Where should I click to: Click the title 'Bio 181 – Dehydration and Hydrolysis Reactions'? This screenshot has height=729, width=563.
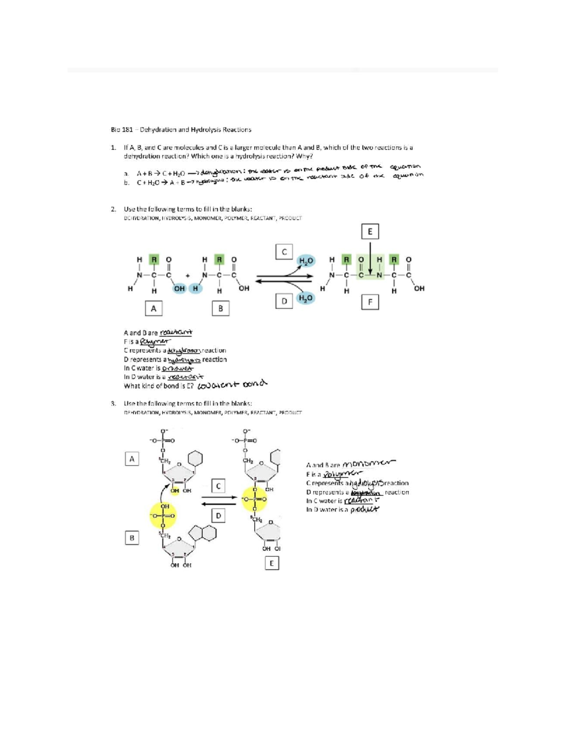[181, 130]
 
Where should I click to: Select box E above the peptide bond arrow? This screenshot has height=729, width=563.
[370, 231]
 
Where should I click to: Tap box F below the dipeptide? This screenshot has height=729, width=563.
[370, 302]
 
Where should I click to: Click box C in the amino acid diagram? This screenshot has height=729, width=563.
[284, 252]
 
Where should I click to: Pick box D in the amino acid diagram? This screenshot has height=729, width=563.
[284, 301]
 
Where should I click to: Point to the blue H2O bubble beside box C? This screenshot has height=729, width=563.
[306, 261]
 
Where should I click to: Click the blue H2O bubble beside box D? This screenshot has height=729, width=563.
[305, 298]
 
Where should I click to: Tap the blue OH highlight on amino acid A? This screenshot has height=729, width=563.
[179, 288]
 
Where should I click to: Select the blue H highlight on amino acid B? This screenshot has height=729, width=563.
[195, 288]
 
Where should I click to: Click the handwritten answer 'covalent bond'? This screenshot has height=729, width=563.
[232, 384]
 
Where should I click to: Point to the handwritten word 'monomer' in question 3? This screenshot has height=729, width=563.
[369, 463]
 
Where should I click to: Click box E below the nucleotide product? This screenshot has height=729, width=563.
[271, 563]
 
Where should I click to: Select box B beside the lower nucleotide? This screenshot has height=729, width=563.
[132, 537]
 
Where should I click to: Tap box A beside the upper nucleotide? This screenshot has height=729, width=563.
[132, 459]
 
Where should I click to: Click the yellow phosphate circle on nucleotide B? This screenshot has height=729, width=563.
[163, 515]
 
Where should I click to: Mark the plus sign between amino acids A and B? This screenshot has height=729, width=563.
[187, 276]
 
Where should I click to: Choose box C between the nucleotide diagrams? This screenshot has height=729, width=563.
[218, 486]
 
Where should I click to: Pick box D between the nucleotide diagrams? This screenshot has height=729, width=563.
[218, 516]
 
